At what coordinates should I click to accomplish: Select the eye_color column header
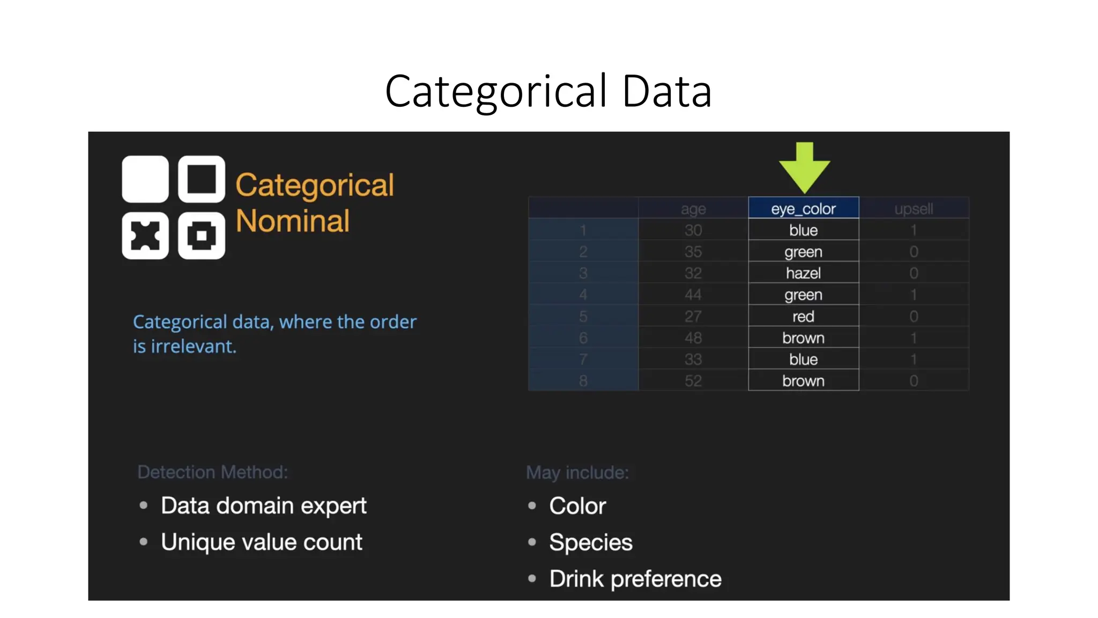pyautogui.click(x=803, y=209)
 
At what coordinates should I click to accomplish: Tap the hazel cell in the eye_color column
pyautogui.click(x=803, y=273)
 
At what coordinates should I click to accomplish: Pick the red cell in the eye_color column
pyautogui.click(x=803, y=317)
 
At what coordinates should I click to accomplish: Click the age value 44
pyautogui.click(x=693, y=295)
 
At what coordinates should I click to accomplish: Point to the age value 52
pyautogui.click(x=693, y=381)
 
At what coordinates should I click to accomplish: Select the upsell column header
pyautogui.click(x=914, y=209)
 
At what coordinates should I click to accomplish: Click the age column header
pyautogui.click(x=693, y=209)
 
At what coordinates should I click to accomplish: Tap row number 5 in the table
pyautogui.click(x=583, y=317)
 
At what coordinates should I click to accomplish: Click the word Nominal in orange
pyautogui.click(x=293, y=221)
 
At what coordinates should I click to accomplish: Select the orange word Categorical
pyautogui.click(x=315, y=185)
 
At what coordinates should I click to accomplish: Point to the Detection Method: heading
pyautogui.click(x=213, y=472)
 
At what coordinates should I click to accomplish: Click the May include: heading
pyautogui.click(x=577, y=473)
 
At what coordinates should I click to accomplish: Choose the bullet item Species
pyautogui.click(x=591, y=542)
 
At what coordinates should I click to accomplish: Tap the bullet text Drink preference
pyautogui.click(x=635, y=579)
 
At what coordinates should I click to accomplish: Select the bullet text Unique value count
pyautogui.click(x=262, y=542)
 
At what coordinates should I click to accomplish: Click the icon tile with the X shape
pyautogui.click(x=145, y=236)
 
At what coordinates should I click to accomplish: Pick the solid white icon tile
pyautogui.click(x=145, y=179)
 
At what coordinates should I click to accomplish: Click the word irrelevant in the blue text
pyautogui.click(x=193, y=347)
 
